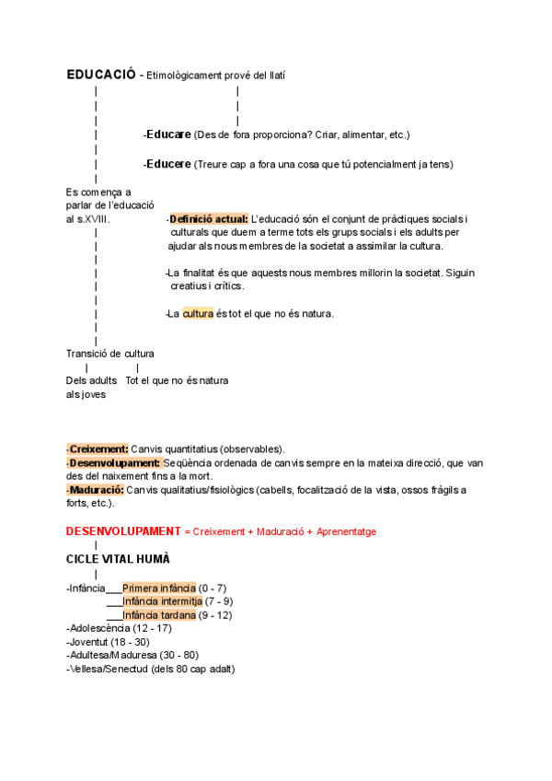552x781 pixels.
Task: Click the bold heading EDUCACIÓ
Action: [100, 75]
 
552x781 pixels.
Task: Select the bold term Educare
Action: [168, 134]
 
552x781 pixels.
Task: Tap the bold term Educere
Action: [168, 164]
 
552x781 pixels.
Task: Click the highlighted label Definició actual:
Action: [209, 218]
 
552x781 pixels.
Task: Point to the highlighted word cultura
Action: [198, 313]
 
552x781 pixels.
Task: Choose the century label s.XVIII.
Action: [94, 219]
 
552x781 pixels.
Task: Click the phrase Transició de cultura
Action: [110, 354]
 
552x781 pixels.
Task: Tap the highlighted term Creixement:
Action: [98, 449]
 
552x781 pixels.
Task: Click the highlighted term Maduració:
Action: [97, 490]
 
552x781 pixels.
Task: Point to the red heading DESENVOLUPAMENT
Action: [123, 531]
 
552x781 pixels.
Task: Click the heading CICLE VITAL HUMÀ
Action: [118, 559]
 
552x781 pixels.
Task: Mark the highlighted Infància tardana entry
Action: [158, 614]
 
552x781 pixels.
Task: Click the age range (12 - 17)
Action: [153, 628]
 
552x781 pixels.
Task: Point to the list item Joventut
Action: [88, 642]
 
